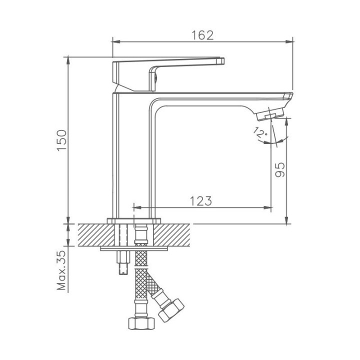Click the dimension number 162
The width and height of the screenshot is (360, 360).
(202, 35)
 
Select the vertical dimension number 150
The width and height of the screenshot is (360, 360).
(62, 140)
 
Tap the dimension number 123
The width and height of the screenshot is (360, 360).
(201, 201)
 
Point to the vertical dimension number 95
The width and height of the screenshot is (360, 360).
(279, 169)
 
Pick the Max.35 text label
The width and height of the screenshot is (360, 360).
(61, 270)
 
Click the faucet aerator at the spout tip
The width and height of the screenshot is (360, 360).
(270, 114)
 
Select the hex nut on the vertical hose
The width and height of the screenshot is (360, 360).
(141, 323)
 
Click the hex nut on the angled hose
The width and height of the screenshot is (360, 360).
(171, 309)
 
